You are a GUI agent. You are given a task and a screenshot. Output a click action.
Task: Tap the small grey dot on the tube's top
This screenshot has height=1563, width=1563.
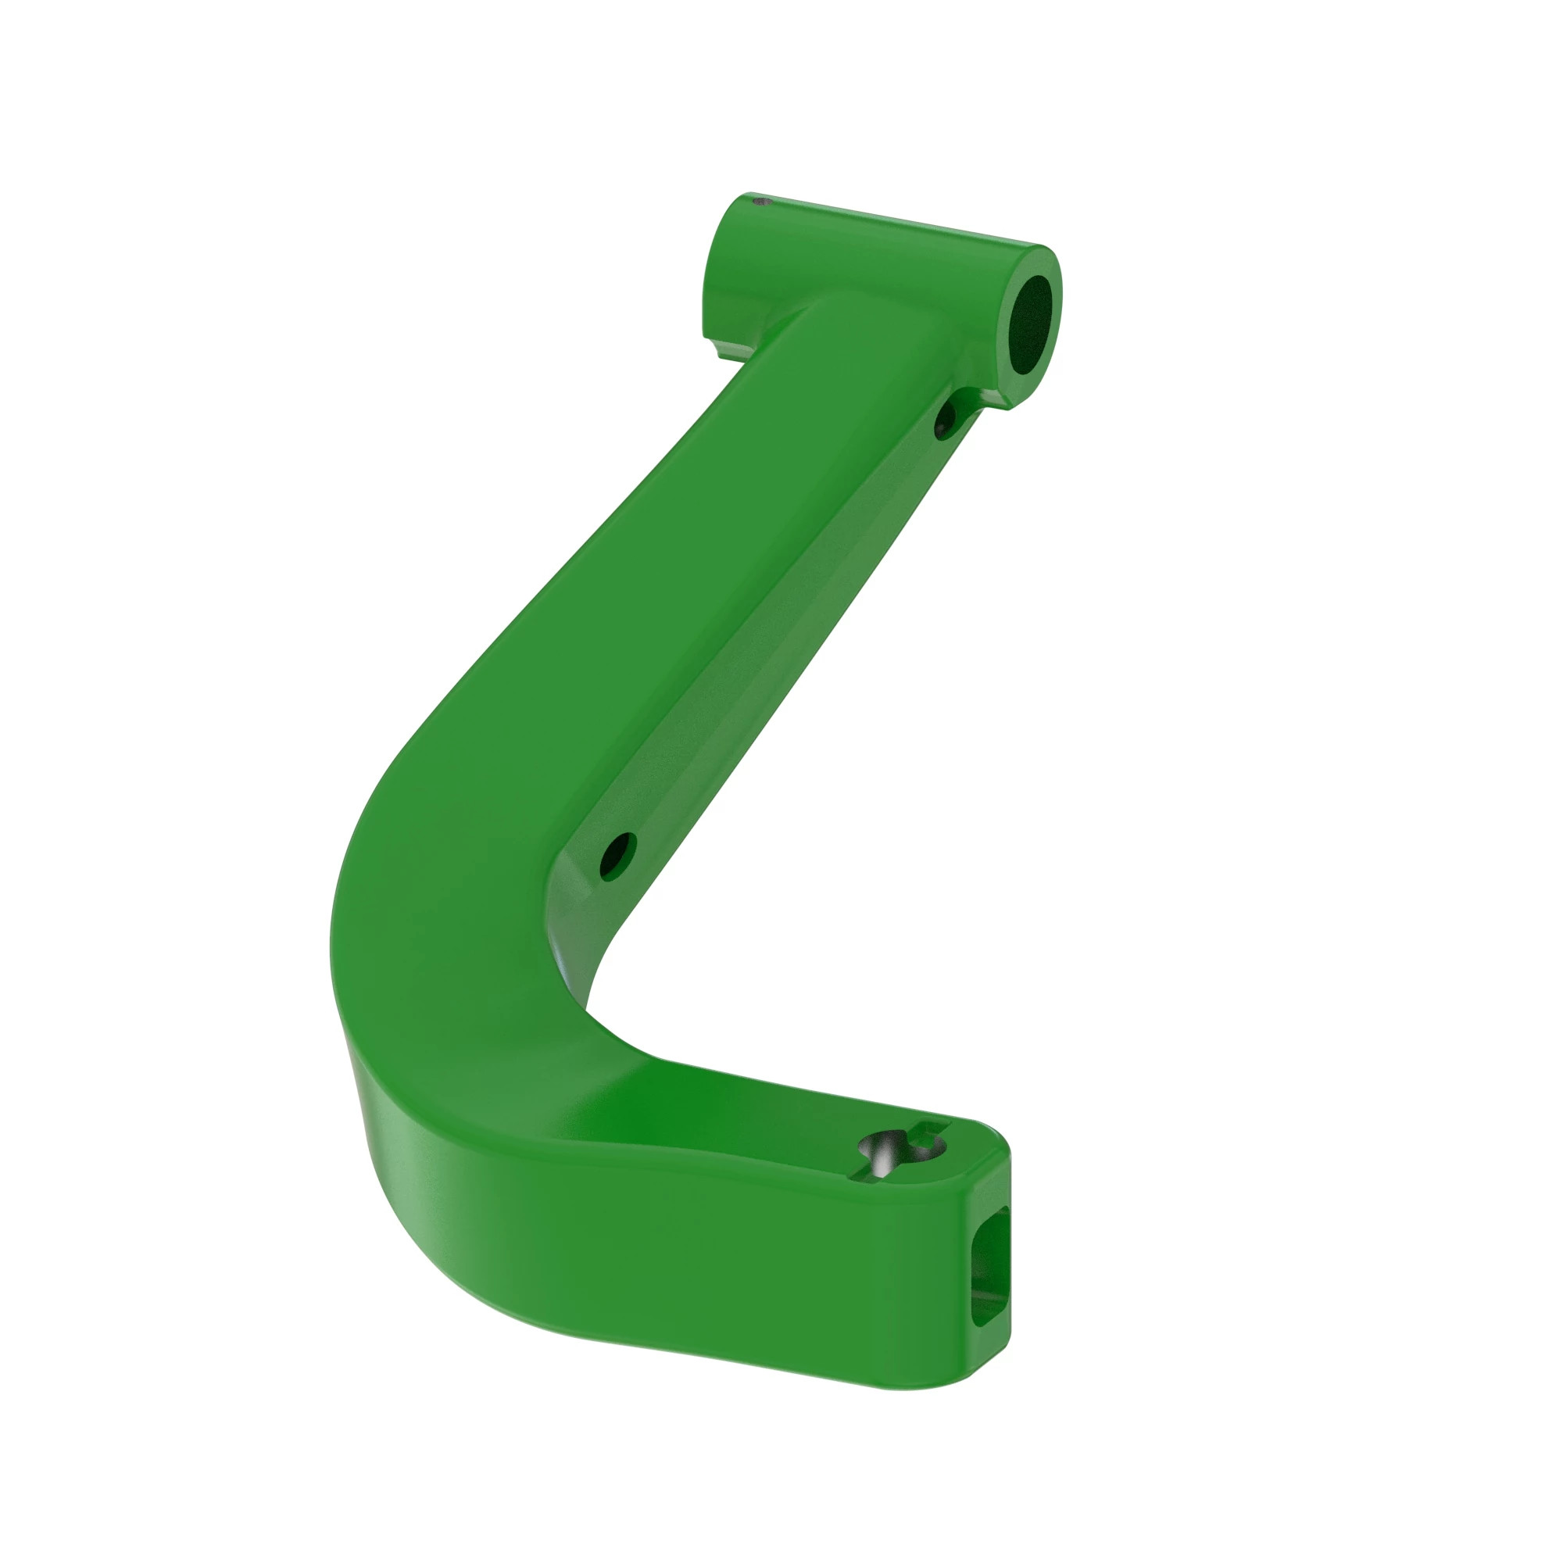[x=758, y=202]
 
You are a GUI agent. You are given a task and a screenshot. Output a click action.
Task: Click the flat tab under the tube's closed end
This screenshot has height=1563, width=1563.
[x=728, y=349]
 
